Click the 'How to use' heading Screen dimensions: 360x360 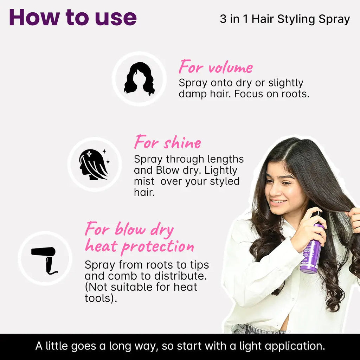tap(73, 18)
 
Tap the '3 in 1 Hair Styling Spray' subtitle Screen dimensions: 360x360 tap(285, 19)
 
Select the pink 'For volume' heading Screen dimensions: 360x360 tap(216, 67)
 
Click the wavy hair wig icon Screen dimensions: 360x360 tap(139, 79)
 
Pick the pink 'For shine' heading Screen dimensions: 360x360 tap(168, 142)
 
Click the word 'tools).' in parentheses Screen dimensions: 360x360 tap(101, 298)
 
